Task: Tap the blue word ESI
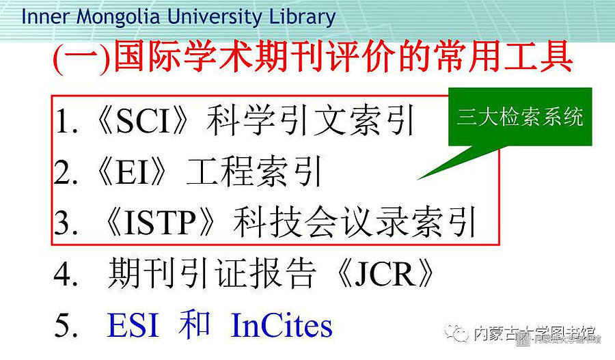point(133,325)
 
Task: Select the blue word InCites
point(282,325)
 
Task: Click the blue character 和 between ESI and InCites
point(194,324)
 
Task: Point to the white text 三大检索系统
point(520,116)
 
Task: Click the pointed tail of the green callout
point(418,179)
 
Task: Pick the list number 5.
point(63,325)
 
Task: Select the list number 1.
point(63,121)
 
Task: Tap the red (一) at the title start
point(81,57)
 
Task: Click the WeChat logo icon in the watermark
point(456,333)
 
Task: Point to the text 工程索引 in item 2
point(254,171)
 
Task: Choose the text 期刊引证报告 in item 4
point(212,273)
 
